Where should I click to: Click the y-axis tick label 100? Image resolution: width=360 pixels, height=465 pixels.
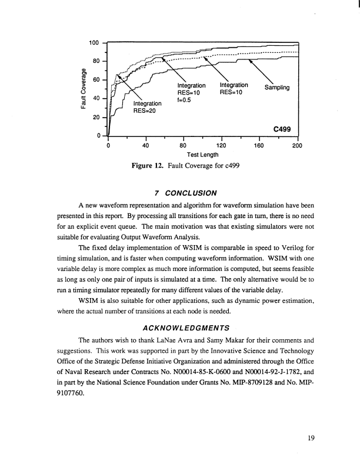[x=94, y=43]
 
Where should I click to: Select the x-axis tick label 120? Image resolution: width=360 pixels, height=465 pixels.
[x=221, y=145]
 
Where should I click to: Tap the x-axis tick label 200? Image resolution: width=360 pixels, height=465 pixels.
[x=296, y=145]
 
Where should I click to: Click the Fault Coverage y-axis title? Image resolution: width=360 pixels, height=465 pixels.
[x=86, y=89]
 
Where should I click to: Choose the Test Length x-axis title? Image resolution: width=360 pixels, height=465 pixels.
[x=202, y=155]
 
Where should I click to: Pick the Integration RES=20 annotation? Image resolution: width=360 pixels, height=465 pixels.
[x=147, y=107]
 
